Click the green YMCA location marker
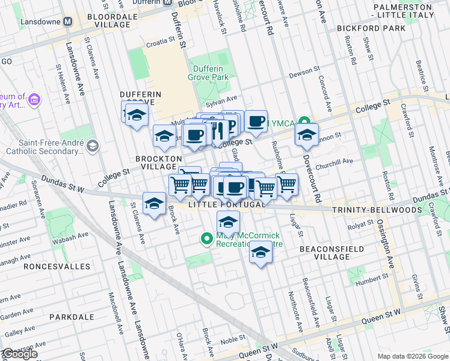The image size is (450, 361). pos(304,123)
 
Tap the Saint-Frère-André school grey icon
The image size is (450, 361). pos(92,146)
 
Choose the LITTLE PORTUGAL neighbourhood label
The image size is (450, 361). pos(226,205)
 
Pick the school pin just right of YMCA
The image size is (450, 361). pos(307,135)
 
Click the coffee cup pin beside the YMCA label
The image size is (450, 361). pos(256,121)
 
